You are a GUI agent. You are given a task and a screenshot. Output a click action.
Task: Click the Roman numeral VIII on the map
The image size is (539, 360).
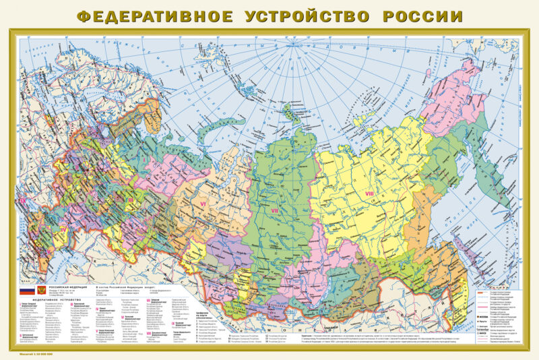pyautogui.click(x=369, y=194)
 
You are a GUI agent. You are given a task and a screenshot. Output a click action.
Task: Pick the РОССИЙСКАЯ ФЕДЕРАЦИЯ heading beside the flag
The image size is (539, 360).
pyautogui.click(x=63, y=285)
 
